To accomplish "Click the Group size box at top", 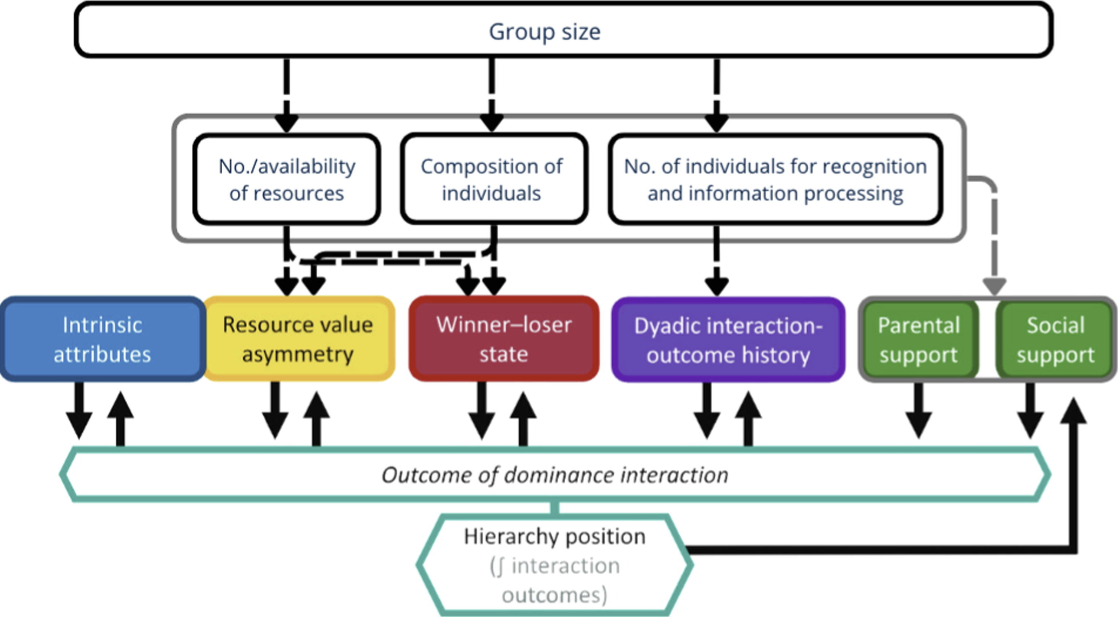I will pyautogui.click(x=563, y=30).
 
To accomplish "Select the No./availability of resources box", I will pyautogui.click(x=287, y=179).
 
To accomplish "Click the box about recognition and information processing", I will pyautogui.click(x=775, y=179).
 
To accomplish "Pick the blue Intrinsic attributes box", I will pyautogui.click(x=102, y=339).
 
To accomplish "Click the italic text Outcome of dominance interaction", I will pyautogui.click(x=555, y=474).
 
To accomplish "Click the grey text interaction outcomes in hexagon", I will pyautogui.click(x=555, y=580).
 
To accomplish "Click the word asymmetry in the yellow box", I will pyautogui.click(x=298, y=354).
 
